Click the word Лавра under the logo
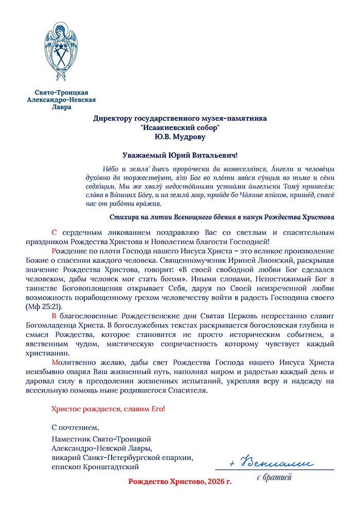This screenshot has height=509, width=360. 62,108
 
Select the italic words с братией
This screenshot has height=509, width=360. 274,478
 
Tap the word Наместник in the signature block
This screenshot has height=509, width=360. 70,439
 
